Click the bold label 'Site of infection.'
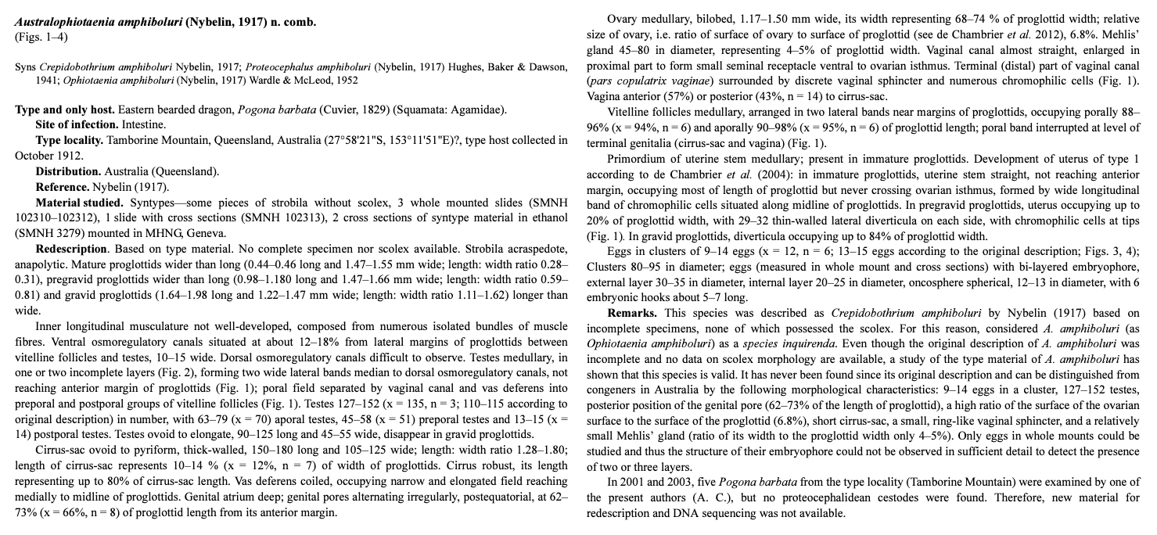pos(77,124)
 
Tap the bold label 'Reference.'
pos(63,187)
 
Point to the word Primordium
pos(637,159)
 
